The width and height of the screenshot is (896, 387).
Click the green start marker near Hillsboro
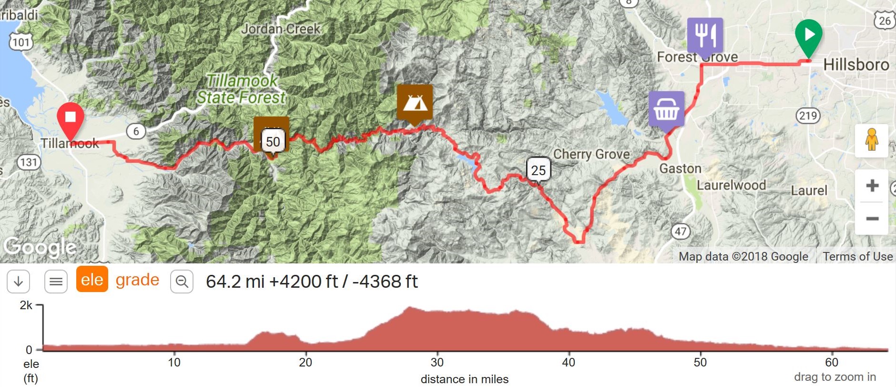tap(808, 36)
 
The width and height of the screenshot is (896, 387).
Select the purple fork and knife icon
tap(705, 35)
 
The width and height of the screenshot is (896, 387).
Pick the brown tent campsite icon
tap(415, 102)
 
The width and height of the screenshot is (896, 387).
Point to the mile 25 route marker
tap(539, 170)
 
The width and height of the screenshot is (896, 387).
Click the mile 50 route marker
tap(273, 142)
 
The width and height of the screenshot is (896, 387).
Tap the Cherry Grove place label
tap(591, 154)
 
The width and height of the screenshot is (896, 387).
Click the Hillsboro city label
tap(856, 64)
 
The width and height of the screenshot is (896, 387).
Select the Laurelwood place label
tap(731, 185)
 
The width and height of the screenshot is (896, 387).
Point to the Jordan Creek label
tap(281, 29)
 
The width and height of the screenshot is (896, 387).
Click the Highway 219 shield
tap(808, 115)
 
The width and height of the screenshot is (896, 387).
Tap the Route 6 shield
tap(136, 131)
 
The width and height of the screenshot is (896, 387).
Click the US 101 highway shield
tap(21, 42)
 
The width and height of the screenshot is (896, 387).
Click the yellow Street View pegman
tap(871, 140)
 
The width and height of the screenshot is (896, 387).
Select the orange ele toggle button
tap(92, 280)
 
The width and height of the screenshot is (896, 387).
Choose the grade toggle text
tap(137, 280)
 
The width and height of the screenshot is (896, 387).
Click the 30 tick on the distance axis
tap(437, 362)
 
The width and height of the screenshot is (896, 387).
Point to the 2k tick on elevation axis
tap(26, 305)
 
